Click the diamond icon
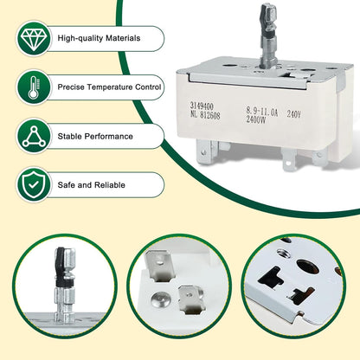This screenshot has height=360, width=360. click(34, 38)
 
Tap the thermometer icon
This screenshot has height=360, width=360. click(34, 87)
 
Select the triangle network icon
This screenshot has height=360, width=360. click(34, 136)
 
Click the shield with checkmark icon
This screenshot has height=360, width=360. click(34, 185)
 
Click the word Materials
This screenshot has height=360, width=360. click(123, 38)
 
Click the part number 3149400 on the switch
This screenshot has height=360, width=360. click(202, 106)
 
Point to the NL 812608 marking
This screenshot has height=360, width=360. click(205, 115)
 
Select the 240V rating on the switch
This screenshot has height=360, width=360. click(293, 114)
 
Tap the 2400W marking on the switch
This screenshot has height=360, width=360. click(256, 119)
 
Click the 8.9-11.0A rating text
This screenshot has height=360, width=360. click(262, 111)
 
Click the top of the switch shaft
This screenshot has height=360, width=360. click(269, 6)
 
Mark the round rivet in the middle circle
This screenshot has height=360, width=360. click(159, 299)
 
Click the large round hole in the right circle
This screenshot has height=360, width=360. click(308, 267)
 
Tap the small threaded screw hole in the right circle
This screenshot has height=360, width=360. click(283, 253)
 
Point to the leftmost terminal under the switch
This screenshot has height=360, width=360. click(206, 152)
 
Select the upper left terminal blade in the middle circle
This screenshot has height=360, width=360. click(157, 266)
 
